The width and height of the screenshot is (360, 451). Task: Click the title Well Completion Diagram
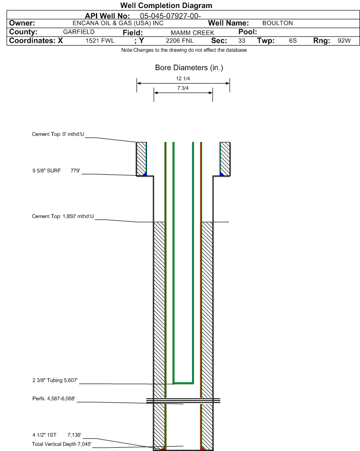(166, 6)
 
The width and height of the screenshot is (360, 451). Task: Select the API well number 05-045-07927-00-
(170, 16)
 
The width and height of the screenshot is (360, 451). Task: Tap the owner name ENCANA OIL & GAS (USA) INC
(118, 23)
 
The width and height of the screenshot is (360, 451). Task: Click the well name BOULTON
(277, 23)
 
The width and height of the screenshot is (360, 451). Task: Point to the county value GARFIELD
(79, 32)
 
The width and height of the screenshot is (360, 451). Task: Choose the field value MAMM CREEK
(193, 33)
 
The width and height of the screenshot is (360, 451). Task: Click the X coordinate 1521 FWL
(100, 41)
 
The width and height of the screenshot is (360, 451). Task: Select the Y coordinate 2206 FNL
(180, 41)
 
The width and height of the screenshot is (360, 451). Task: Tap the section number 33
(241, 41)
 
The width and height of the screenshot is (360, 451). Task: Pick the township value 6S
(293, 41)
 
